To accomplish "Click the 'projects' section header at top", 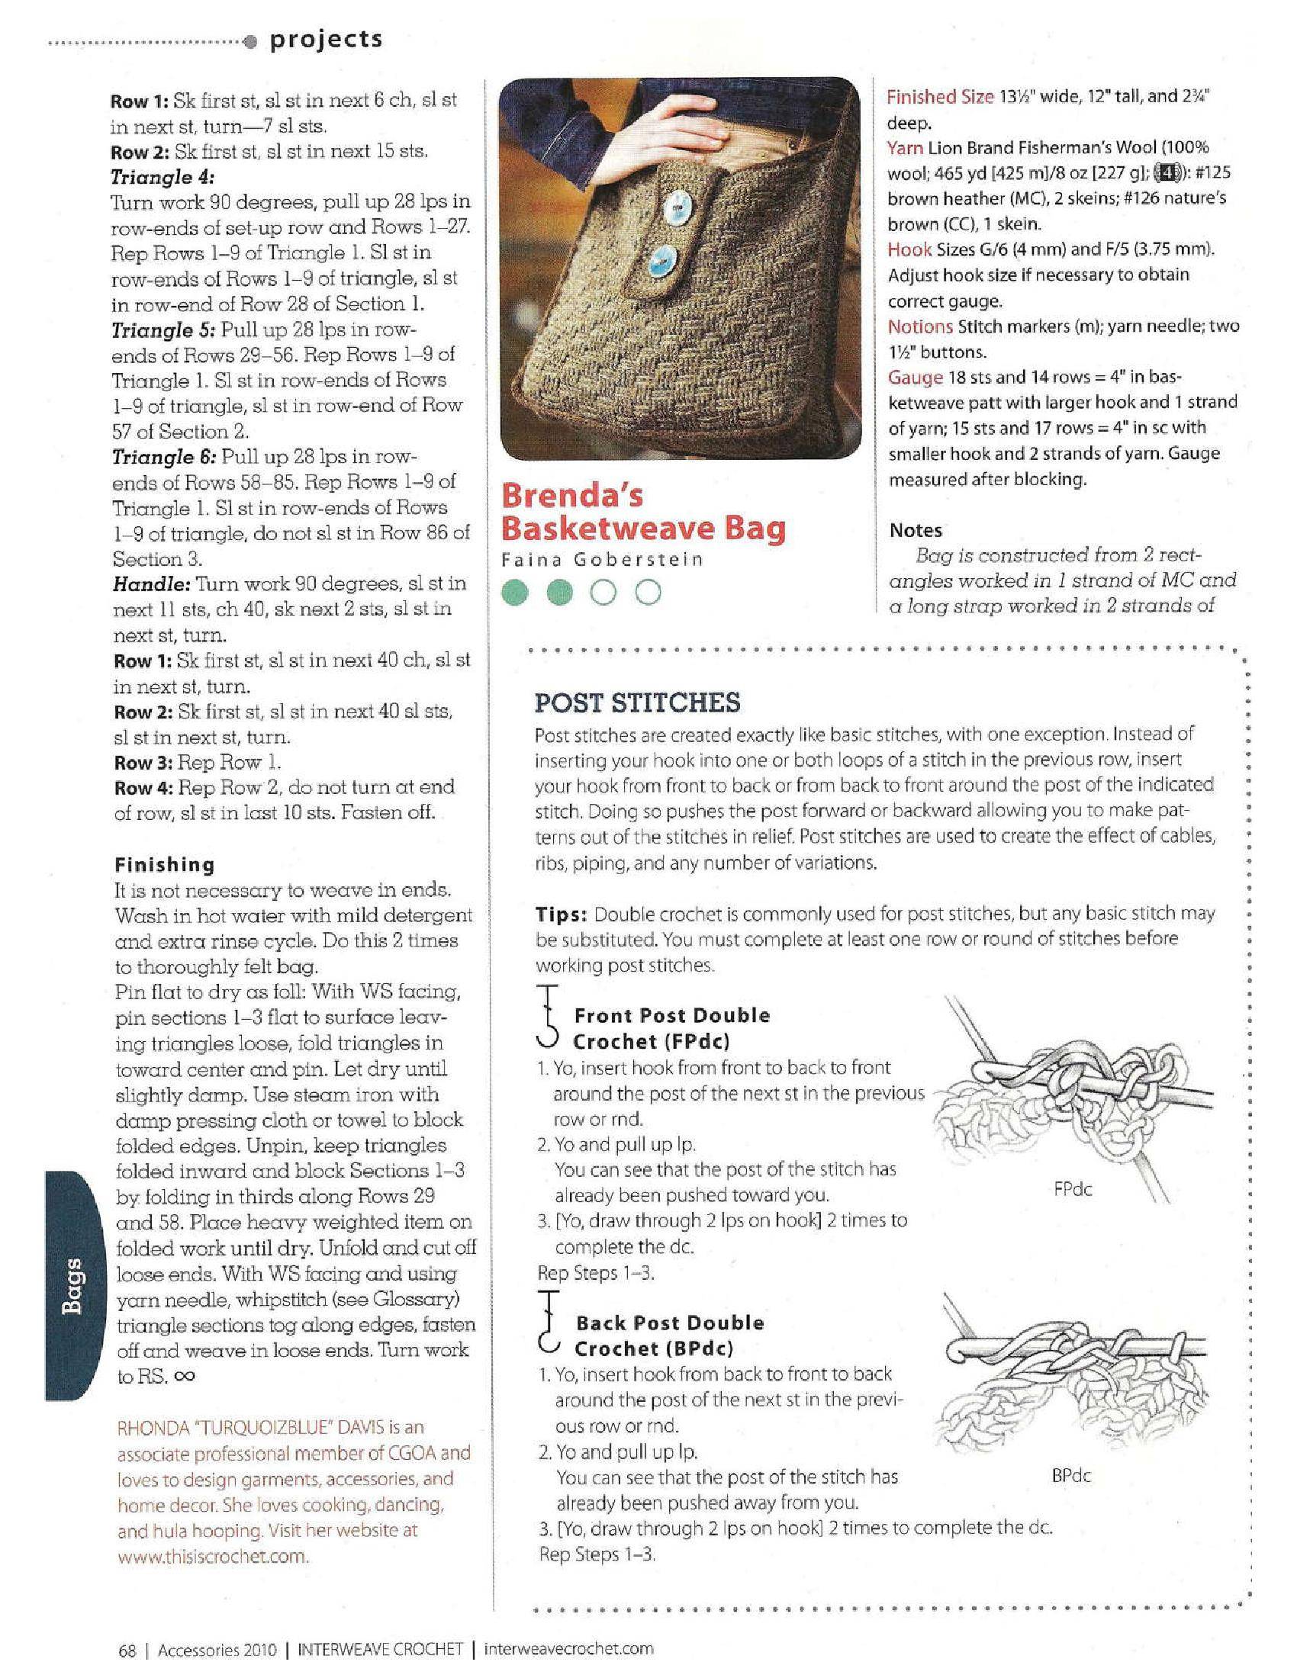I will pyautogui.click(x=324, y=39).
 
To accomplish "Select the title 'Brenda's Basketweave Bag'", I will pyautogui.click(x=644, y=513).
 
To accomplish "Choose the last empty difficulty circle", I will pyautogui.click(x=649, y=593).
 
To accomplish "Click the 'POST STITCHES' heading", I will pyautogui.click(x=637, y=702).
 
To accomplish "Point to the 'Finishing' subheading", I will pyautogui.click(x=165, y=864).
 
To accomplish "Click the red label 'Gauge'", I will pyautogui.click(x=915, y=378).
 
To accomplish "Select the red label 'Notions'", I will pyautogui.click(x=921, y=326).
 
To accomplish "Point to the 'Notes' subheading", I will pyautogui.click(x=915, y=530).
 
